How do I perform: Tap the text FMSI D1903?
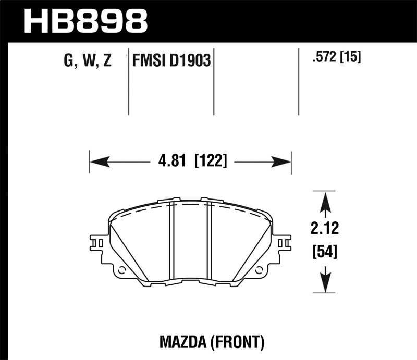(171, 61)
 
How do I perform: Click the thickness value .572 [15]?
(336, 56)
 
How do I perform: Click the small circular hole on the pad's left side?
(122, 270)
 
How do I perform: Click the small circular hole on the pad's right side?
(259, 270)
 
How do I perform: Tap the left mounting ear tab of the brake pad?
(99, 243)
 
